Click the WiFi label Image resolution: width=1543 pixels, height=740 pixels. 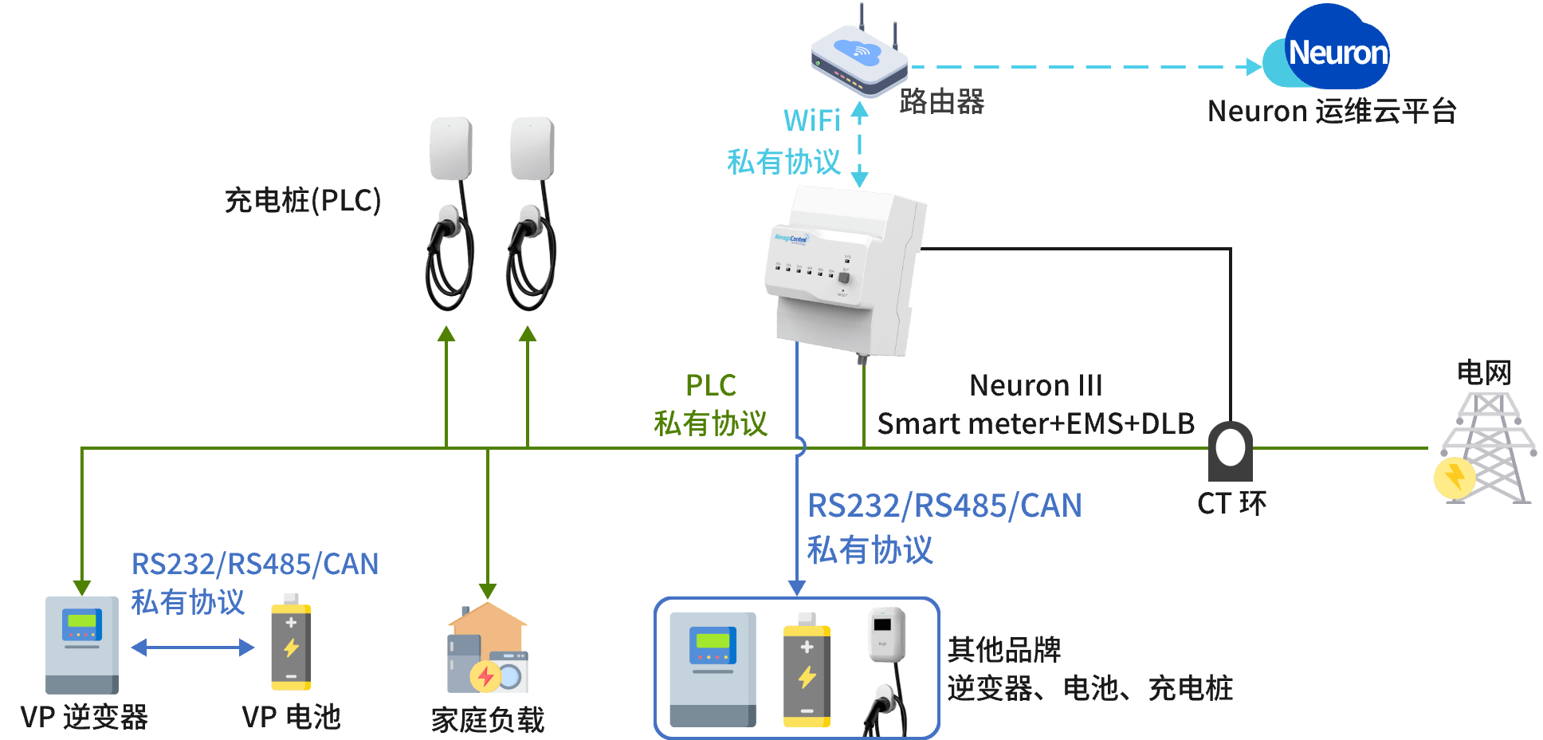(811, 120)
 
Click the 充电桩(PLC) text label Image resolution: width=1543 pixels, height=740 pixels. (303, 200)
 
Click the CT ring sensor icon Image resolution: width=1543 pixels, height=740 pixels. (1231, 451)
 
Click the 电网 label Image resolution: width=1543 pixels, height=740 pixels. (1484, 372)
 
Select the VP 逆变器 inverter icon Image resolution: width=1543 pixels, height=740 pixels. (81, 645)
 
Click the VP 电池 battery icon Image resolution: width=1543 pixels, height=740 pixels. (291, 643)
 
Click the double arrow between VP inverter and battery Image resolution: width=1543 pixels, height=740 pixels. (193, 647)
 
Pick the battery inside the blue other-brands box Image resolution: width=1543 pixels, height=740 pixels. (807, 671)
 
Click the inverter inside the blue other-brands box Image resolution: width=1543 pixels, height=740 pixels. (713, 669)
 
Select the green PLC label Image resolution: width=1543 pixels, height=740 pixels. (710, 385)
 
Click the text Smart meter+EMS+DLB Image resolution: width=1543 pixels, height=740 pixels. (1035, 423)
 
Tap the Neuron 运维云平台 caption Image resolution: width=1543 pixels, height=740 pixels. (1332, 111)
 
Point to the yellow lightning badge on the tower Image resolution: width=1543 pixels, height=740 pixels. (1455, 478)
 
